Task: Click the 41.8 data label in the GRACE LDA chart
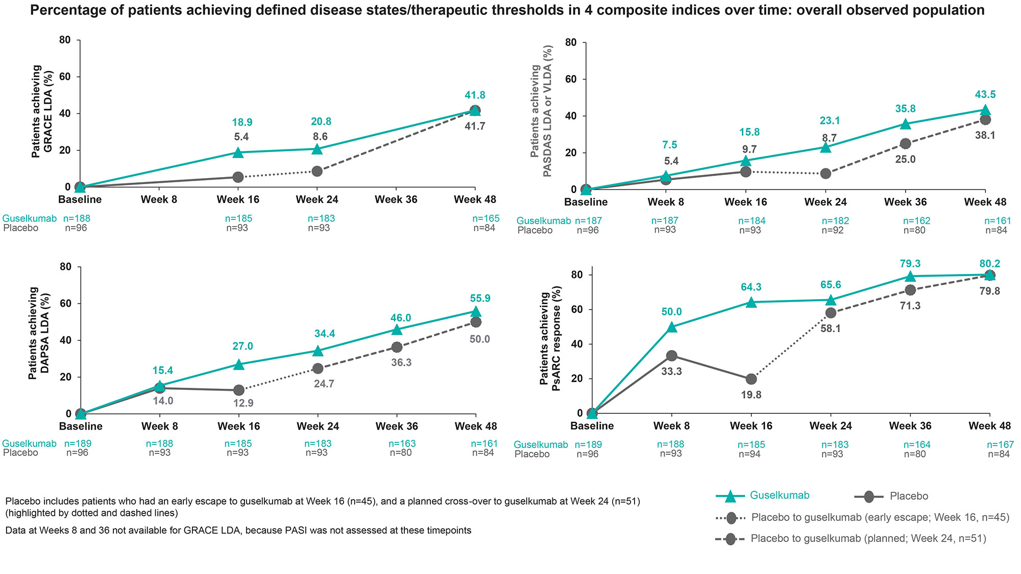475,95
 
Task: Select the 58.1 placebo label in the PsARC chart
830,329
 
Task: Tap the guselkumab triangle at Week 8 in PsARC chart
672,327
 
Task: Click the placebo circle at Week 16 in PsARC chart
751,379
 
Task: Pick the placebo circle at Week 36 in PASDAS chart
905,143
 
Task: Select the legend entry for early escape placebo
863,517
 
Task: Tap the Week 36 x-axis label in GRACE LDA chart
396,199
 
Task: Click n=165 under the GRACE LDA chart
485,219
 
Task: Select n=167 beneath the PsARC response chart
1000,444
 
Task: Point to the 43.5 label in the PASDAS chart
985,95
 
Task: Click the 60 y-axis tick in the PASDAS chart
570,80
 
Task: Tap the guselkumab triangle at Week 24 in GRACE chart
317,149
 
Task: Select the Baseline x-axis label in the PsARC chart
592,426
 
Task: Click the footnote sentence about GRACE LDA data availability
238,531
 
